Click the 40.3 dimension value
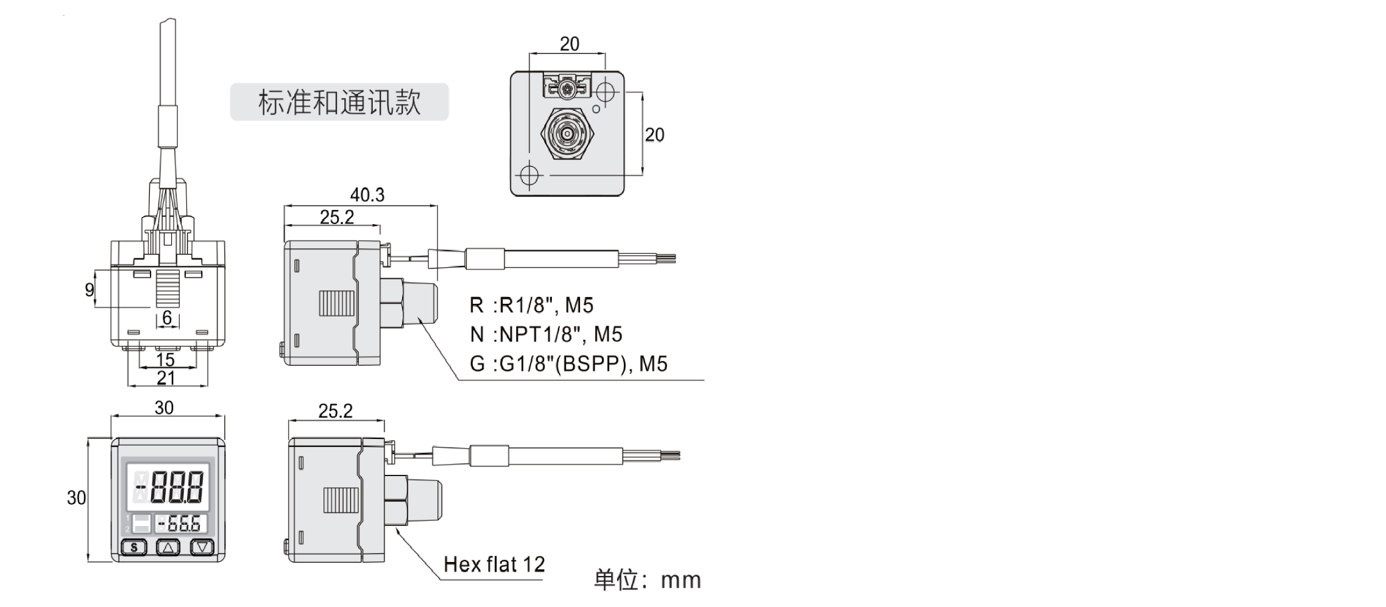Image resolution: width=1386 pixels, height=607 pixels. pyautogui.click(x=367, y=195)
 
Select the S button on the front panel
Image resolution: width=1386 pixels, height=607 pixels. pyautogui.click(x=135, y=547)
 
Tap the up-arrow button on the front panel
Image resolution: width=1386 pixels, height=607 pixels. pyautogui.click(x=169, y=547)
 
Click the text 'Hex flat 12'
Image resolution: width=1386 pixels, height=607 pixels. pyautogui.click(x=494, y=564)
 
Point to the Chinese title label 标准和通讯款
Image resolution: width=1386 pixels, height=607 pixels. pyautogui.click(x=339, y=102)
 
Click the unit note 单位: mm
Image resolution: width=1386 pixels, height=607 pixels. pyautogui.click(x=647, y=580)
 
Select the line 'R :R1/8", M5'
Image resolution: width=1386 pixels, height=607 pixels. pyautogui.click(x=531, y=305)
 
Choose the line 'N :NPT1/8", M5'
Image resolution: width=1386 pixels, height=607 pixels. pyautogui.click(x=546, y=334)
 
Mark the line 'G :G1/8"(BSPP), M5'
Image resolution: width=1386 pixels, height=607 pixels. pyautogui.click(x=568, y=363)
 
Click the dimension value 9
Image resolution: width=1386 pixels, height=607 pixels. pyautogui.click(x=90, y=290)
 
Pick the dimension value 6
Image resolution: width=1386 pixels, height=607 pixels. pyautogui.click(x=167, y=318)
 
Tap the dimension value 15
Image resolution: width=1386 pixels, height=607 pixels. pyautogui.click(x=166, y=360)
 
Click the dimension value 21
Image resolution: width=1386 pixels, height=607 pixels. pyautogui.click(x=166, y=378)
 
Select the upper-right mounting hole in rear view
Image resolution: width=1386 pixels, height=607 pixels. pyautogui.click(x=606, y=92)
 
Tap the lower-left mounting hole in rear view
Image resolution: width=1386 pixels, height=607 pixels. pyautogui.click(x=529, y=175)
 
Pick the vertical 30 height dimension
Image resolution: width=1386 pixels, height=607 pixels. pyautogui.click(x=76, y=498)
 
